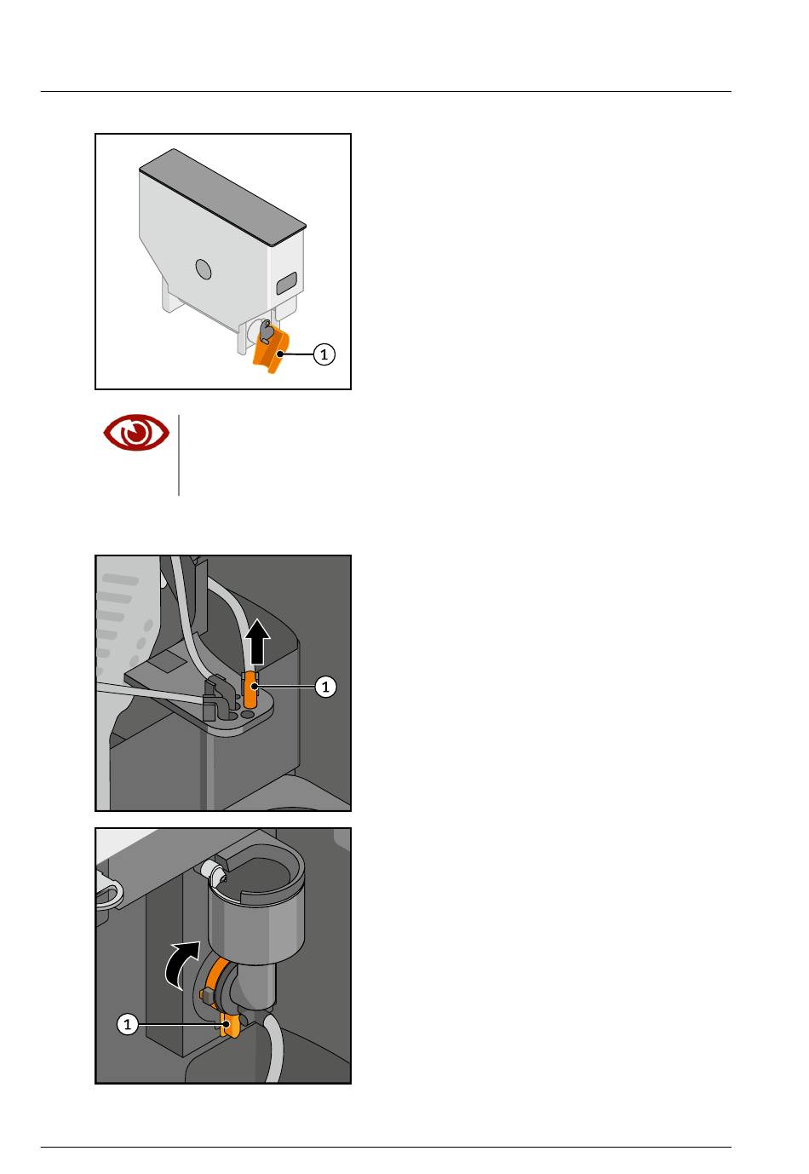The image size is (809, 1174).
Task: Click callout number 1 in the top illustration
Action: [x=324, y=354]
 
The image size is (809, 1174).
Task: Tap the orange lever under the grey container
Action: [x=270, y=351]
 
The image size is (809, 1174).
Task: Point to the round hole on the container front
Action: [x=204, y=269]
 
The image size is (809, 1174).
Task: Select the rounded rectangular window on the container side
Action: [x=286, y=283]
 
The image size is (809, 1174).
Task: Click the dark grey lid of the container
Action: [x=222, y=196]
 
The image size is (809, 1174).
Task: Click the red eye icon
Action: [x=136, y=433]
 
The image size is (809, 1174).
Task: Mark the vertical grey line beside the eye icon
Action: [x=179, y=455]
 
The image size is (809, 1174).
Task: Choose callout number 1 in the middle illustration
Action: [x=325, y=686]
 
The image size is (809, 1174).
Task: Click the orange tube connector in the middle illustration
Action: [x=250, y=688]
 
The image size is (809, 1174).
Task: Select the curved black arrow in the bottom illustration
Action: [x=181, y=964]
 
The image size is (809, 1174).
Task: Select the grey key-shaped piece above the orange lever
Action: [x=267, y=331]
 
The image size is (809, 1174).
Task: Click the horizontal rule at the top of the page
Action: [x=386, y=92]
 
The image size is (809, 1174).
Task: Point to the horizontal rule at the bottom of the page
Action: [x=386, y=1147]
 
